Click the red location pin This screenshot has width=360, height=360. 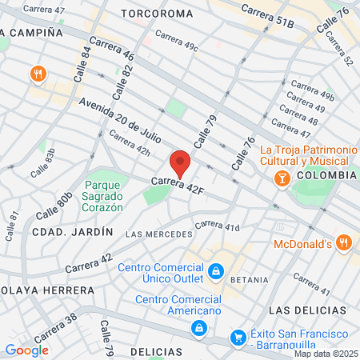pyautogui.click(x=181, y=162)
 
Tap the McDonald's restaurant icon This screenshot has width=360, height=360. pyautogui.click(x=343, y=242)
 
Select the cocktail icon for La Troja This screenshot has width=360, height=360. pyautogui.click(x=282, y=179)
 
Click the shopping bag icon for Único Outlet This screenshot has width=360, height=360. pyautogui.click(x=214, y=273)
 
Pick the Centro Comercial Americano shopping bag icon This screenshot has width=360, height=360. pyautogui.click(x=198, y=327)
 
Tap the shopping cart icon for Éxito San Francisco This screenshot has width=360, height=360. pyautogui.click(x=238, y=338)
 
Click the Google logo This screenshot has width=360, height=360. pyautogui.click(x=26, y=350)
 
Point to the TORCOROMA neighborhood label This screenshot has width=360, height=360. pyautogui.click(x=157, y=14)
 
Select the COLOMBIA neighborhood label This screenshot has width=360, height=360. pyautogui.click(x=326, y=174)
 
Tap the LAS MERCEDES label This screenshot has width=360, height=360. pyautogui.click(x=160, y=234)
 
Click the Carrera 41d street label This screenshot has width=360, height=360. pyautogui.click(x=217, y=226)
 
